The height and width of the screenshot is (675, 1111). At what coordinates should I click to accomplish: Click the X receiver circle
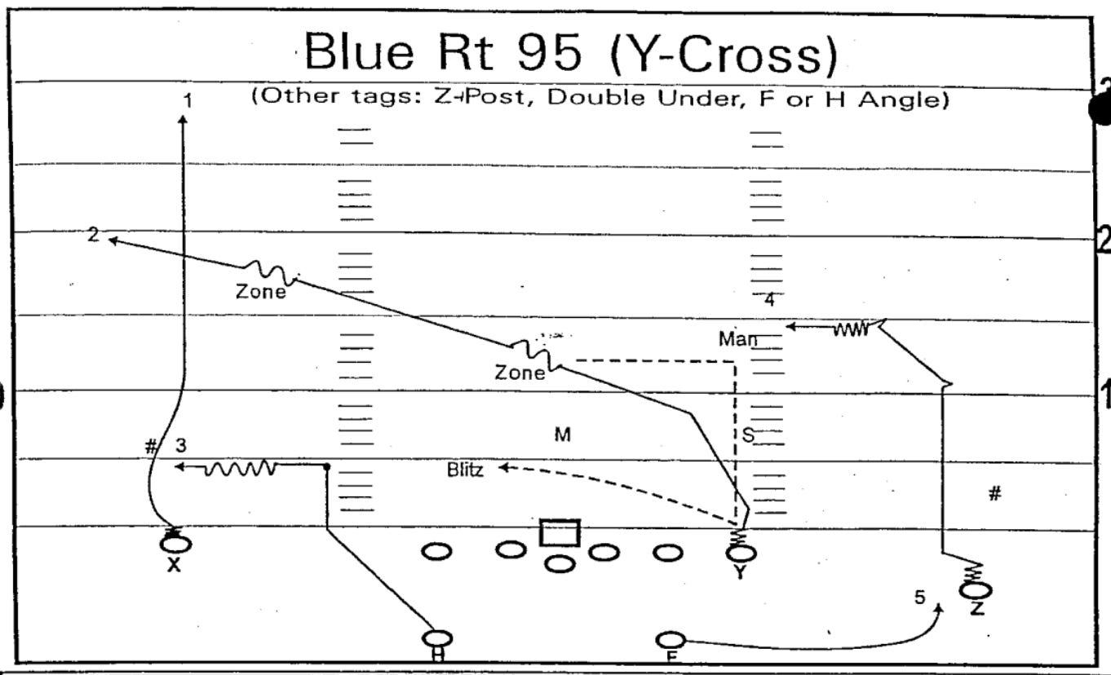point(178,544)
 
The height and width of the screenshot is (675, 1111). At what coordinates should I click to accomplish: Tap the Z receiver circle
point(976,590)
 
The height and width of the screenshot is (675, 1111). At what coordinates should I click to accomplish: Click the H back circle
point(438,638)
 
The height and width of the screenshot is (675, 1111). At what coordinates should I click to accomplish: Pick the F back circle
point(670,640)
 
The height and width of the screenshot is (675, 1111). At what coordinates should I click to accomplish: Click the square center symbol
point(560,533)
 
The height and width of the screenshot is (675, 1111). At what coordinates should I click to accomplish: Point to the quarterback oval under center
point(560,562)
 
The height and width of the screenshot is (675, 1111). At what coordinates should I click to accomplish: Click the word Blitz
point(465,470)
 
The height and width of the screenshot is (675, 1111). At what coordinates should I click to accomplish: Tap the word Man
point(738,337)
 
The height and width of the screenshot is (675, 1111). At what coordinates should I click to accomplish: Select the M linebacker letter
point(562,435)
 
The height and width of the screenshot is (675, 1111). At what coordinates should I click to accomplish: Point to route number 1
point(188,101)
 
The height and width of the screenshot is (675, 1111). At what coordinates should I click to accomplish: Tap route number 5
point(919,598)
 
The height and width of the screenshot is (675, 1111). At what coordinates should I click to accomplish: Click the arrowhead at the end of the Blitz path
point(502,467)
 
